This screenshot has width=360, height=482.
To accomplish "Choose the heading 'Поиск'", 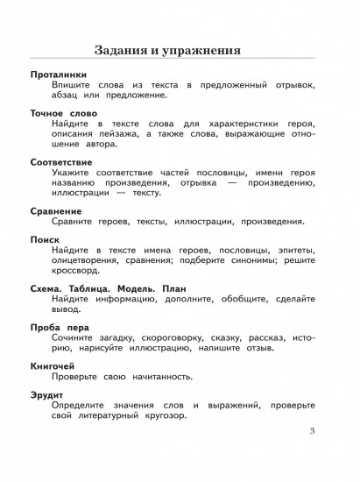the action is point(44,238).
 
